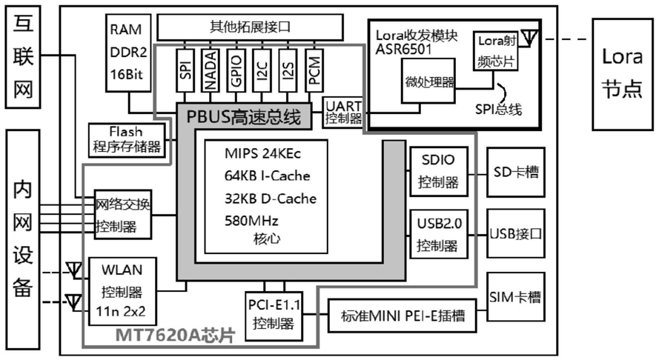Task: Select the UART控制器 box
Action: coord(343,112)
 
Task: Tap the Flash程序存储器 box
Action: coord(126,139)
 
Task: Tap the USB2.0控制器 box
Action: coord(439,233)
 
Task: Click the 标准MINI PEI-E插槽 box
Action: coord(403,316)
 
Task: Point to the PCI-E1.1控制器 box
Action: coord(274,313)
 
